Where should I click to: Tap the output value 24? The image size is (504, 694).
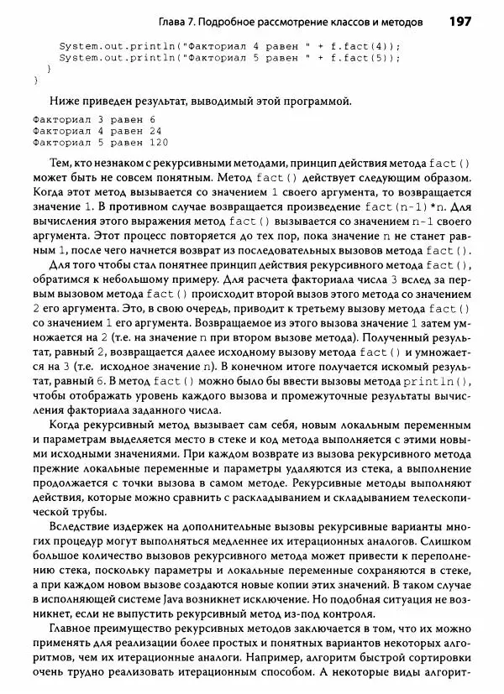pos(155,131)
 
